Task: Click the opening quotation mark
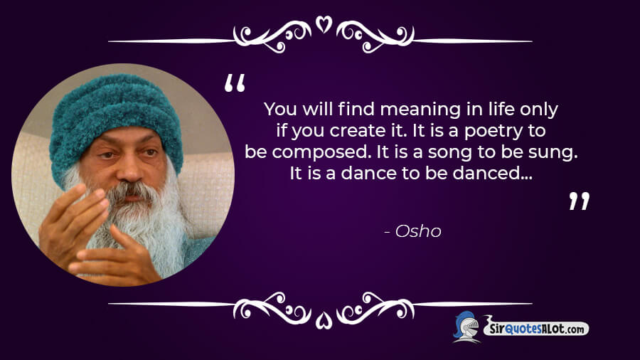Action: pos(235,83)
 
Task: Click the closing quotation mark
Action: pos(579,201)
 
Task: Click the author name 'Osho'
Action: pos(418,231)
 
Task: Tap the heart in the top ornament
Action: pos(324,24)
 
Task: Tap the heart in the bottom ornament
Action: pos(324,320)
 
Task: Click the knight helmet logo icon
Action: pos(466,327)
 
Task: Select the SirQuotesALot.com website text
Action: pos(536,328)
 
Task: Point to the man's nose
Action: pos(130,171)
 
